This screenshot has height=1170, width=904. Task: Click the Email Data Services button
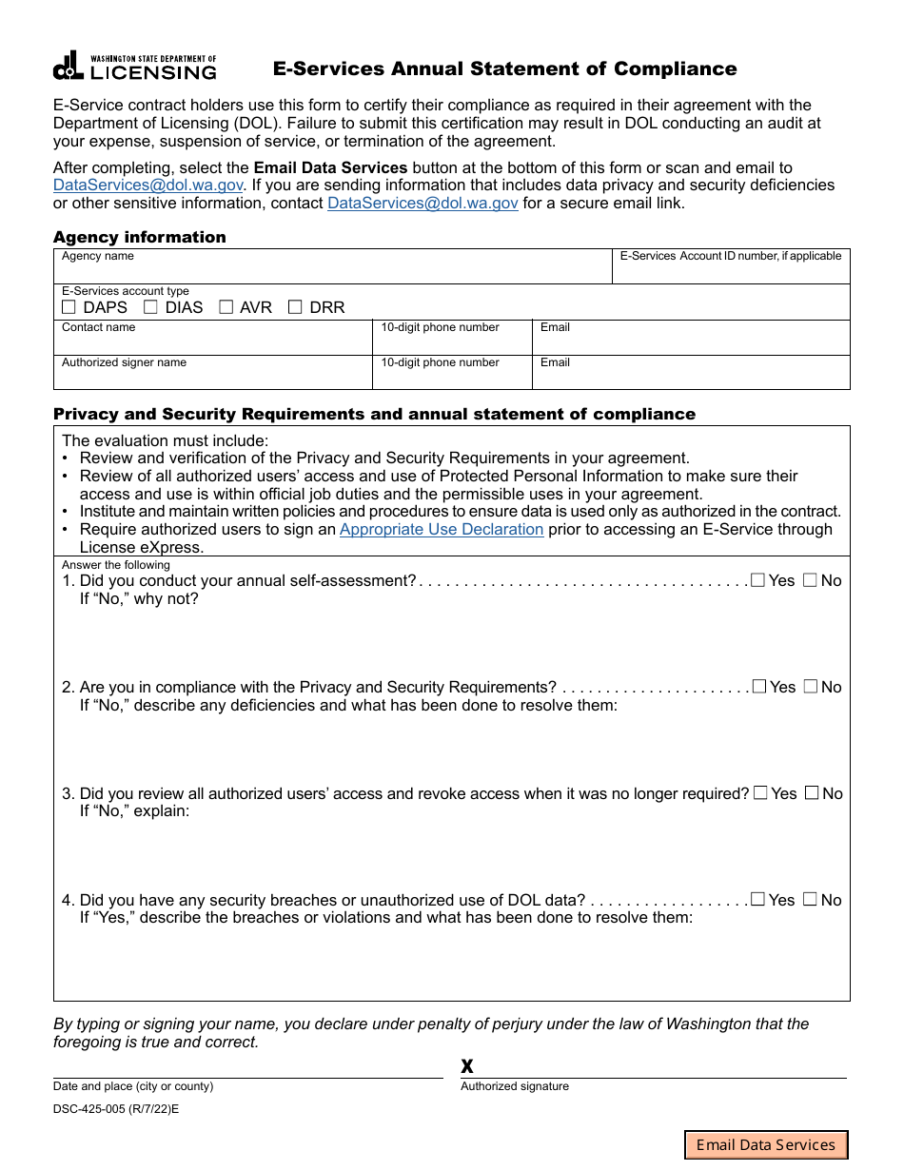coord(766,1144)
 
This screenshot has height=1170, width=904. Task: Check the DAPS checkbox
coord(69,307)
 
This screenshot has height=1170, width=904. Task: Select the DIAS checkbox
coord(150,307)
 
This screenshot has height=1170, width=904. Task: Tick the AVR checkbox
coord(226,307)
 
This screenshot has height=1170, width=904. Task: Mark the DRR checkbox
coord(295,307)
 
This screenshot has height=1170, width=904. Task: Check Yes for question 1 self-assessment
coord(757,580)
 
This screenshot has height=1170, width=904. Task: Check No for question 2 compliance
coord(811,687)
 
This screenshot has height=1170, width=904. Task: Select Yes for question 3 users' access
coord(760,793)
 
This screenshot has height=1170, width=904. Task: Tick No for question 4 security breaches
coord(811,900)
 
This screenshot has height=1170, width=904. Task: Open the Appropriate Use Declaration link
coord(442,530)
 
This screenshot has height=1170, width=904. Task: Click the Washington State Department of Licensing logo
coord(134,67)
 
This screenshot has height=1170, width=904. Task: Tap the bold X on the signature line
coord(467,1066)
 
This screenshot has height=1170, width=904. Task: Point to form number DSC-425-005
coord(115,1109)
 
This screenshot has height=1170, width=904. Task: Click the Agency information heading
coord(140,237)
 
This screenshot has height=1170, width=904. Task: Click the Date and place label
coord(133,1086)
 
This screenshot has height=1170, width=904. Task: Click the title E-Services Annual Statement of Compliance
coord(504,68)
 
